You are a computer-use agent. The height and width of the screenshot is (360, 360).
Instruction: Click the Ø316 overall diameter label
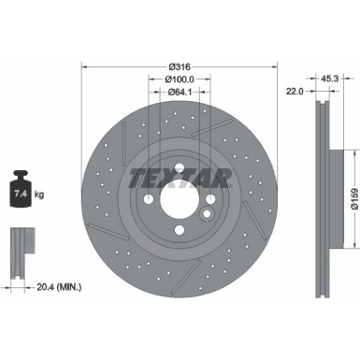coord(180,66)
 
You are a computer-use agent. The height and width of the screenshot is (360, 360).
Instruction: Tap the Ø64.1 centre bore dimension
coord(180,94)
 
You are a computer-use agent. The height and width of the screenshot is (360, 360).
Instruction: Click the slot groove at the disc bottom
coord(178,281)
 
